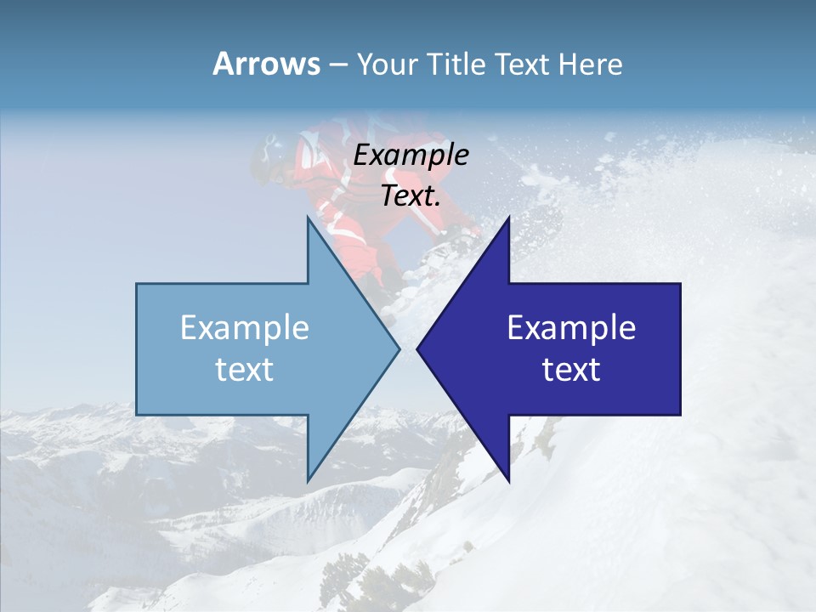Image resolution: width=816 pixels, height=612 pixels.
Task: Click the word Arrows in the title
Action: click(x=267, y=64)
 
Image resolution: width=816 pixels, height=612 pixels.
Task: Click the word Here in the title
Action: click(x=590, y=65)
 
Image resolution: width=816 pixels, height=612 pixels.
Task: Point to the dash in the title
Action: click(x=337, y=65)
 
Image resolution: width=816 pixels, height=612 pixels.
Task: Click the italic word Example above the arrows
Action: click(x=411, y=155)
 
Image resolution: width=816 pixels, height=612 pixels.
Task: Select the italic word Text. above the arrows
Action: click(x=411, y=195)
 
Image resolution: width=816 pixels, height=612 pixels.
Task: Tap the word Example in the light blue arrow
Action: click(x=245, y=328)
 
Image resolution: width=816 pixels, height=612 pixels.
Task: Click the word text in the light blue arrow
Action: click(x=245, y=370)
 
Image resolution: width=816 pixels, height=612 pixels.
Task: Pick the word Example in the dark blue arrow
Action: click(x=571, y=328)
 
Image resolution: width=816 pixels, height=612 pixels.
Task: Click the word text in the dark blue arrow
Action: click(x=571, y=370)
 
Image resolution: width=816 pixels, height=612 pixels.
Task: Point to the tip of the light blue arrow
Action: click(x=397, y=348)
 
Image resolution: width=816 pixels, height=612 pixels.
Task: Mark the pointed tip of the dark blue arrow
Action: click(x=419, y=348)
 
